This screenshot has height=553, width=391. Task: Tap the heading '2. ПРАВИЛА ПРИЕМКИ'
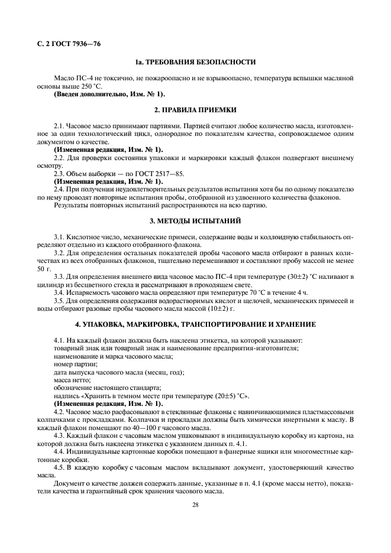coord(195,110)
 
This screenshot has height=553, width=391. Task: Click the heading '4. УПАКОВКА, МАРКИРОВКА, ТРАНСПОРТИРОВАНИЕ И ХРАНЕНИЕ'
coord(195,324)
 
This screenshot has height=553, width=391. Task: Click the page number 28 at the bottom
coord(195,504)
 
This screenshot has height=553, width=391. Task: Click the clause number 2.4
coord(60,190)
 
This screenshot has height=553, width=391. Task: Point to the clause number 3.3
coord(60,276)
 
